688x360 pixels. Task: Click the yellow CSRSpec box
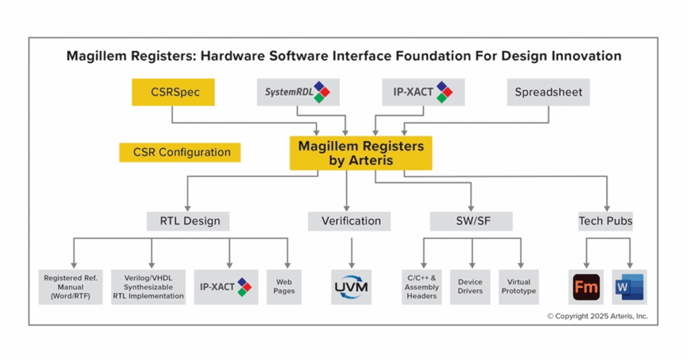click(x=173, y=92)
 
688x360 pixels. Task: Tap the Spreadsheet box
click(x=548, y=92)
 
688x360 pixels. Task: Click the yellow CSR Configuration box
click(x=179, y=152)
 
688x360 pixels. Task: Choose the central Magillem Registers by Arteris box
click(x=361, y=152)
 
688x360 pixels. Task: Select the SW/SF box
click(x=471, y=221)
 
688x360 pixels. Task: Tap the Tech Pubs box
click(x=605, y=221)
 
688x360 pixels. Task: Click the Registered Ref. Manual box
click(x=71, y=287)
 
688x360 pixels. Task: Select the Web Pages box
click(x=284, y=287)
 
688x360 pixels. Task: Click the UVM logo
click(x=351, y=287)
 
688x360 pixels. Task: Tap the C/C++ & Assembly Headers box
click(x=422, y=287)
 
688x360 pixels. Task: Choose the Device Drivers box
click(x=470, y=287)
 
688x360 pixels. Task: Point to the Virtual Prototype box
click(x=519, y=287)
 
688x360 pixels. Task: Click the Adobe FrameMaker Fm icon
click(x=585, y=287)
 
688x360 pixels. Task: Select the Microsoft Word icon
click(x=629, y=287)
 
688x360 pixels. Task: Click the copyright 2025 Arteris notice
click(x=597, y=316)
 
